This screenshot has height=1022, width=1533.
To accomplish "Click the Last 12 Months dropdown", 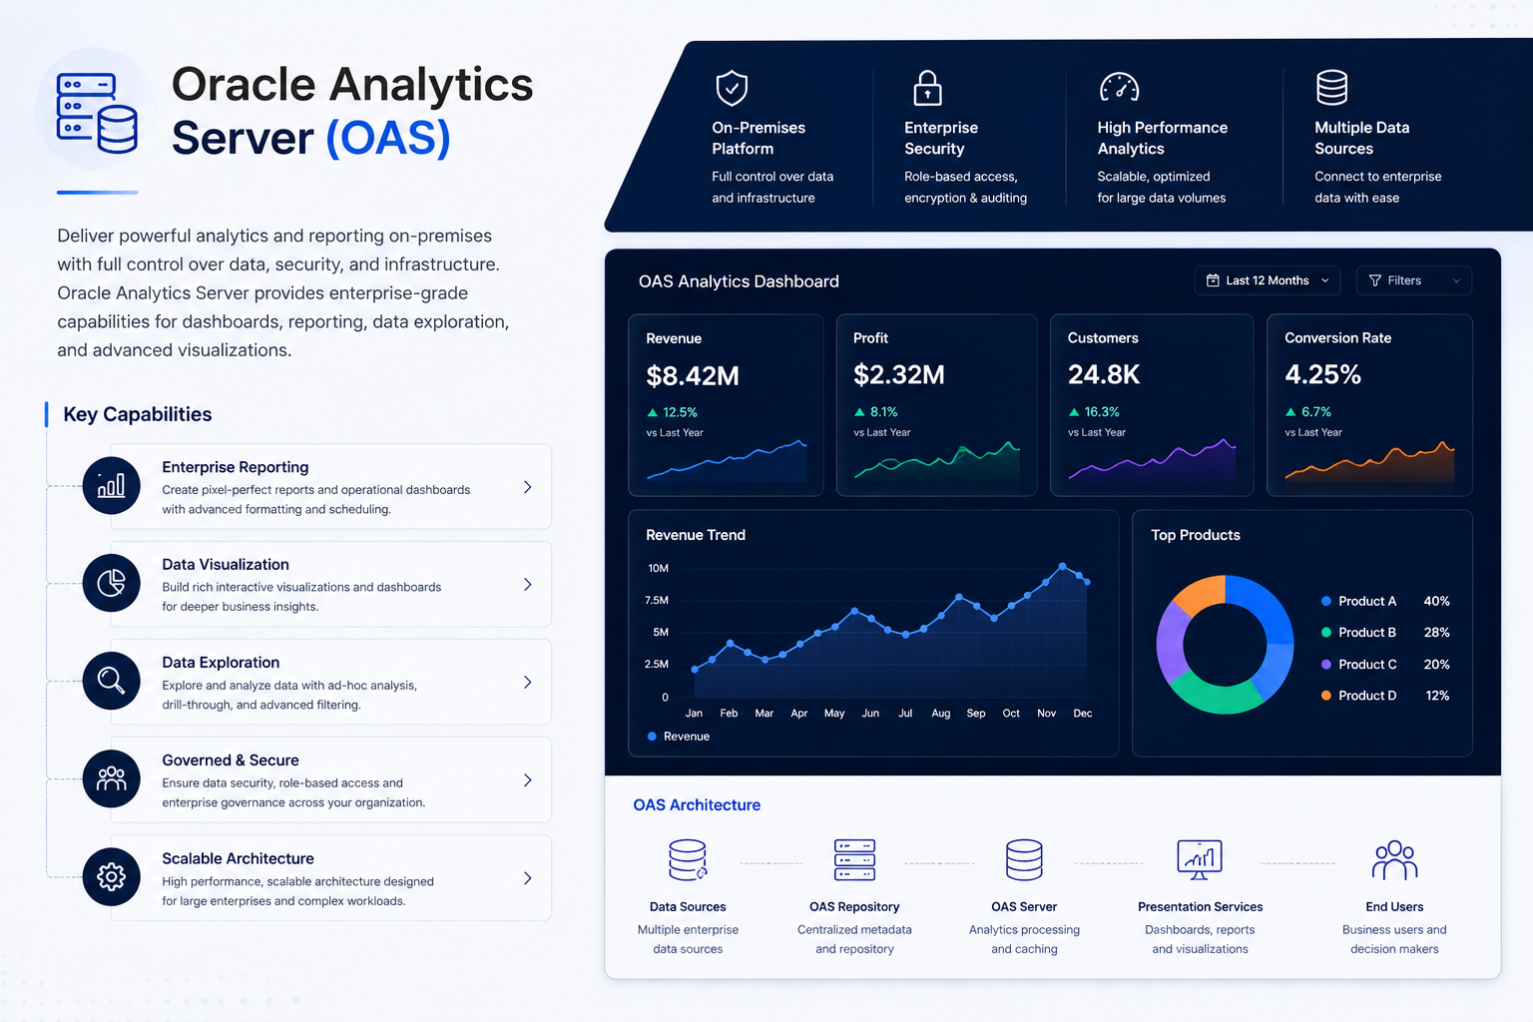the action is click(x=1267, y=280).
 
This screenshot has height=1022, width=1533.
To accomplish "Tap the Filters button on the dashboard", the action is click(x=1414, y=280).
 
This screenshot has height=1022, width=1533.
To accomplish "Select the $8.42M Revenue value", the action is click(x=693, y=376).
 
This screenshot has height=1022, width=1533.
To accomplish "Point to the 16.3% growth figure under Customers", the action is click(x=1101, y=412).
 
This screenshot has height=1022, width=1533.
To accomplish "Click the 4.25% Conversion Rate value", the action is click(x=1322, y=374).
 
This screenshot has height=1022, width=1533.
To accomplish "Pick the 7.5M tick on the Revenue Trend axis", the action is click(x=657, y=601).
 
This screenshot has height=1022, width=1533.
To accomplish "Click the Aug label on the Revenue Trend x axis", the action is click(x=940, y=714).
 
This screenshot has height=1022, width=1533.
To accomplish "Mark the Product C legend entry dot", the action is click(x=1325, y=664).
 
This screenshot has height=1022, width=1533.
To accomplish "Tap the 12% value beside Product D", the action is click(x=1437, y=696).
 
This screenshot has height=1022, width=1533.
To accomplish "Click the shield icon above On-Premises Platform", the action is click(x=732, y=88).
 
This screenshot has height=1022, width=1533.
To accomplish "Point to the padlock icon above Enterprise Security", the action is click(x=927, y=88).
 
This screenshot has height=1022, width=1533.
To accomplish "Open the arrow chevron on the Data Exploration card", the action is click(x=528, y=683).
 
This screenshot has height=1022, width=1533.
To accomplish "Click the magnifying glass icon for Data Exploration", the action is click(x=111, y=681).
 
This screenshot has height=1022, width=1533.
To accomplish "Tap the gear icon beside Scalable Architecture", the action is click(x=111, y=877).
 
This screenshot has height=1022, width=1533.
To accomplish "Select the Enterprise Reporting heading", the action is click(x=236, y=467).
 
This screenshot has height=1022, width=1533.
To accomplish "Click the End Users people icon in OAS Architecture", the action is click(x=1394, y=859).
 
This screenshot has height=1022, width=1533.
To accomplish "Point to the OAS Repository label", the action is click(x=854, y=906).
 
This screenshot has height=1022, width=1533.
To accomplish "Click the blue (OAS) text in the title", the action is click(x=388, y=139).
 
